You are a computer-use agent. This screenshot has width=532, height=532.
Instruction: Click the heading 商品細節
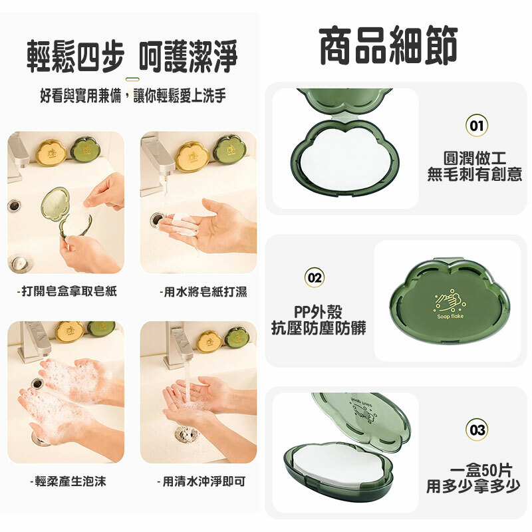(388, 45)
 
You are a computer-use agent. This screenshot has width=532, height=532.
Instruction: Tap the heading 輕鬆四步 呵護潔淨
(132, 57)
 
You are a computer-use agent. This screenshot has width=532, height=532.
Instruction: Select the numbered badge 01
(476, 126)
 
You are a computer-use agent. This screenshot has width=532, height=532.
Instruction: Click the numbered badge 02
(314, 277)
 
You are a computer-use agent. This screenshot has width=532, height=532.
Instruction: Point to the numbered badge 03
(477, 430)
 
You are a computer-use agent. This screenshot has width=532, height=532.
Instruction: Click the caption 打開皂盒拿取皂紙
(67, 291)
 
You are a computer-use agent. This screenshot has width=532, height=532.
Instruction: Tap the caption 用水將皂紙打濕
(203, 291)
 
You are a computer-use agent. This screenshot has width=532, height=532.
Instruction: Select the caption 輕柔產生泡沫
(68, 481)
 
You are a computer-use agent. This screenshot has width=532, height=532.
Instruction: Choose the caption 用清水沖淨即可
(201, 481)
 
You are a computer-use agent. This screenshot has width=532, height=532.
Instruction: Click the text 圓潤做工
(475, 158)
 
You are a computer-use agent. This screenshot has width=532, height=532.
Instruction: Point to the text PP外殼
(319, 312)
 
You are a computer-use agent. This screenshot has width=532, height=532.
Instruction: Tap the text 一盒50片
(481, 470)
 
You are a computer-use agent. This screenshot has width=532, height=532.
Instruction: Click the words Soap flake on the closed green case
(450, 317)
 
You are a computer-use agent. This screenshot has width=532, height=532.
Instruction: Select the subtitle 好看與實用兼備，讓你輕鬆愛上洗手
(133, 95)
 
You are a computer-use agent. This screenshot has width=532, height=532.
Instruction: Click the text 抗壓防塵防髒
(319, 328)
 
